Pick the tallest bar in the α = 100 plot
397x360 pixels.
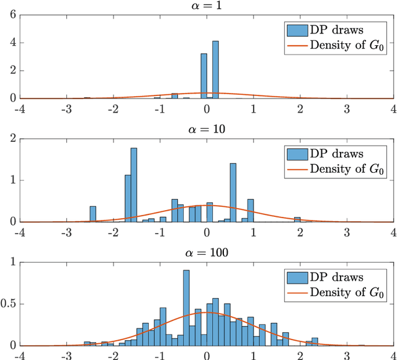[186, 307]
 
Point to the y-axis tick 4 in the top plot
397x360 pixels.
[12, 43]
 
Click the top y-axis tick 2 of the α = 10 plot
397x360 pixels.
[12, 139]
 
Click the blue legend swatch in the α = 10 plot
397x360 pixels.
[295, 153]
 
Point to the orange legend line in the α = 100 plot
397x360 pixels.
[295, 292]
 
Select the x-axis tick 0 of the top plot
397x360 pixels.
[207, 108]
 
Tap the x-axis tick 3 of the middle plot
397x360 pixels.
[347, 232]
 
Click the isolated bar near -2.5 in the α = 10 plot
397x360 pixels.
[92, 214]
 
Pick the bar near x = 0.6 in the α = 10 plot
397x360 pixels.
[233, 193]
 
